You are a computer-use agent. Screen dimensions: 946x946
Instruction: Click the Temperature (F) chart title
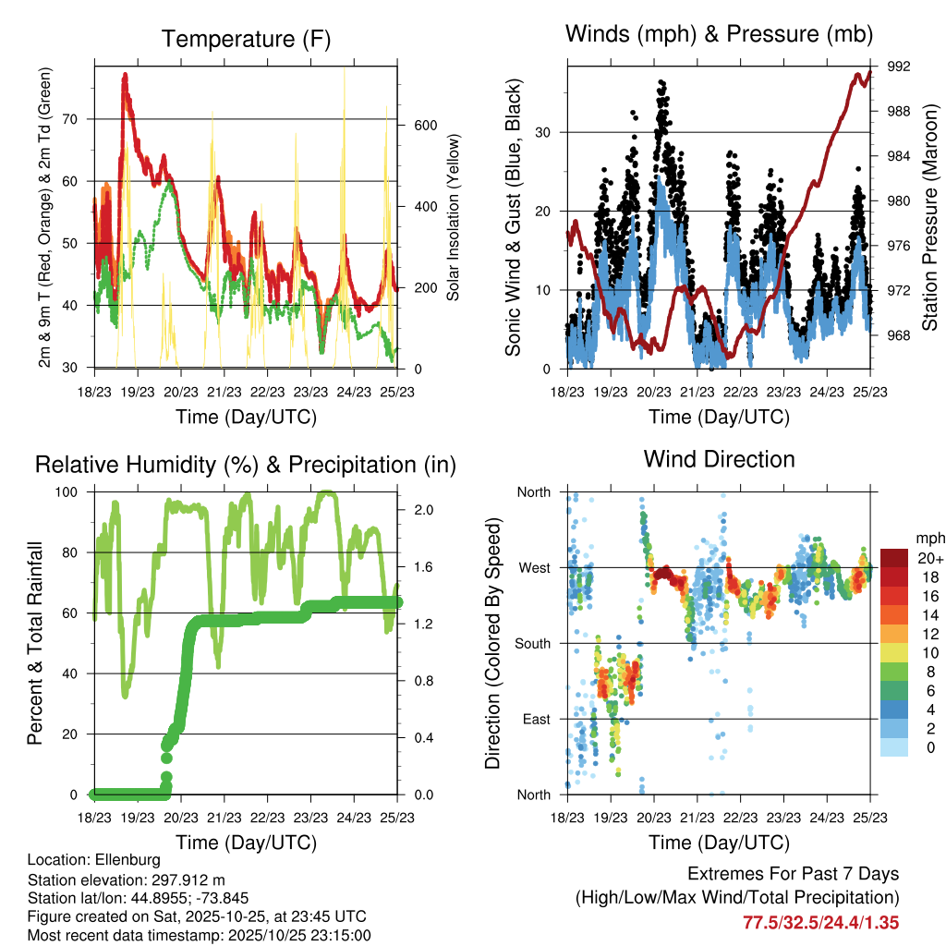(x=246, y=39)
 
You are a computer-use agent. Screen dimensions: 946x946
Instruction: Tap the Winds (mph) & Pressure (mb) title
(x=720, y=34)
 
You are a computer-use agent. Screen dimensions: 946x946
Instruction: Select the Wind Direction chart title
(x=720, y=459)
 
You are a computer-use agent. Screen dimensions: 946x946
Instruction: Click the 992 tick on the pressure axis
(x=899, y=67)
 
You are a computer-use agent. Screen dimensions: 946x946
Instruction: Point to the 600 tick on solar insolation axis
(x=423, y=125)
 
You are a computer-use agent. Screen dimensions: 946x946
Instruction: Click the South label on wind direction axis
(x=533, y=643)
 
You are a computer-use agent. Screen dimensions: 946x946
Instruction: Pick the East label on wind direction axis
(x=536, y=719)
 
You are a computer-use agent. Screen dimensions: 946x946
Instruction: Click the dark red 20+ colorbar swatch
(x=895, y=558)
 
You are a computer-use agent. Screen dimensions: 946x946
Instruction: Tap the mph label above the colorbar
(x=928, y=538)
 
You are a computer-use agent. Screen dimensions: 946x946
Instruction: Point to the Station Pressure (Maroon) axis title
(x=930, y=217)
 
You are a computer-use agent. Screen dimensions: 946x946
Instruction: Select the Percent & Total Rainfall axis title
(x=34, y=643)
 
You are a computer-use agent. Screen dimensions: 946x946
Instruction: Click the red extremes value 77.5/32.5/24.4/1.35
(x=820, y=922)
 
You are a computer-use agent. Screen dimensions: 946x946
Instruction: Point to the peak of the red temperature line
(x=125, y=75)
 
